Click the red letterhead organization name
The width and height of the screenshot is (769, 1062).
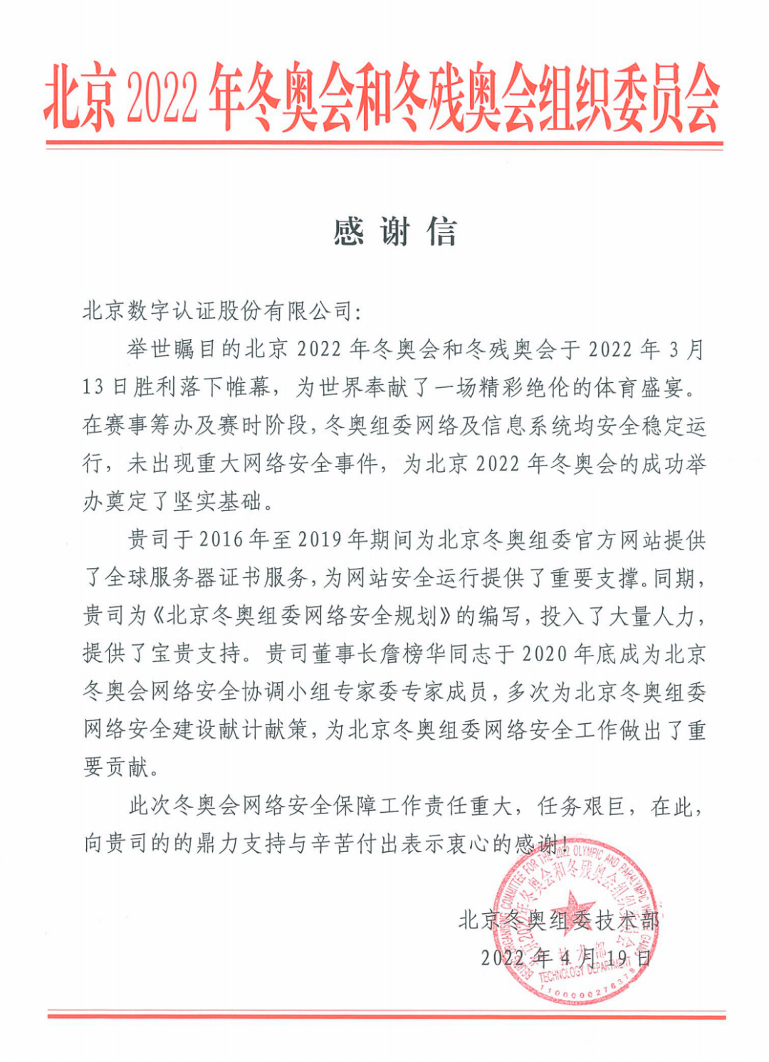pyautogui.click(x=382, y=98)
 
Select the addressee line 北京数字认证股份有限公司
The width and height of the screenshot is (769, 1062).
pyautogui.click(x=221, y=311)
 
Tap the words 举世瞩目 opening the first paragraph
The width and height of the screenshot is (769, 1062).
pyautogui.click(x=171, y=349)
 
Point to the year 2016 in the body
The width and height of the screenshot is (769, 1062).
pyautogui.click(x=221, y=540)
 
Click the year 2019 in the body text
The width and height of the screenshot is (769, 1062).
pyautogui.click(x=320, y=540)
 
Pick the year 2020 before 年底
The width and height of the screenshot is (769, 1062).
pyautogui.click(x=545, y=653)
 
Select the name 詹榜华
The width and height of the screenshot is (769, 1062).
pyautogui.click(x=402, y=653)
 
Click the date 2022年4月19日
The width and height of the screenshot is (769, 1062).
pyautogui.click(x=565, y=957)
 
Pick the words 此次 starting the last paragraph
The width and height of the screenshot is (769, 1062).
pyautogui.click(x=150, y=806)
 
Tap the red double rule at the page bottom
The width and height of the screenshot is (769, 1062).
pyautogui.click(x=384, y=1014)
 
